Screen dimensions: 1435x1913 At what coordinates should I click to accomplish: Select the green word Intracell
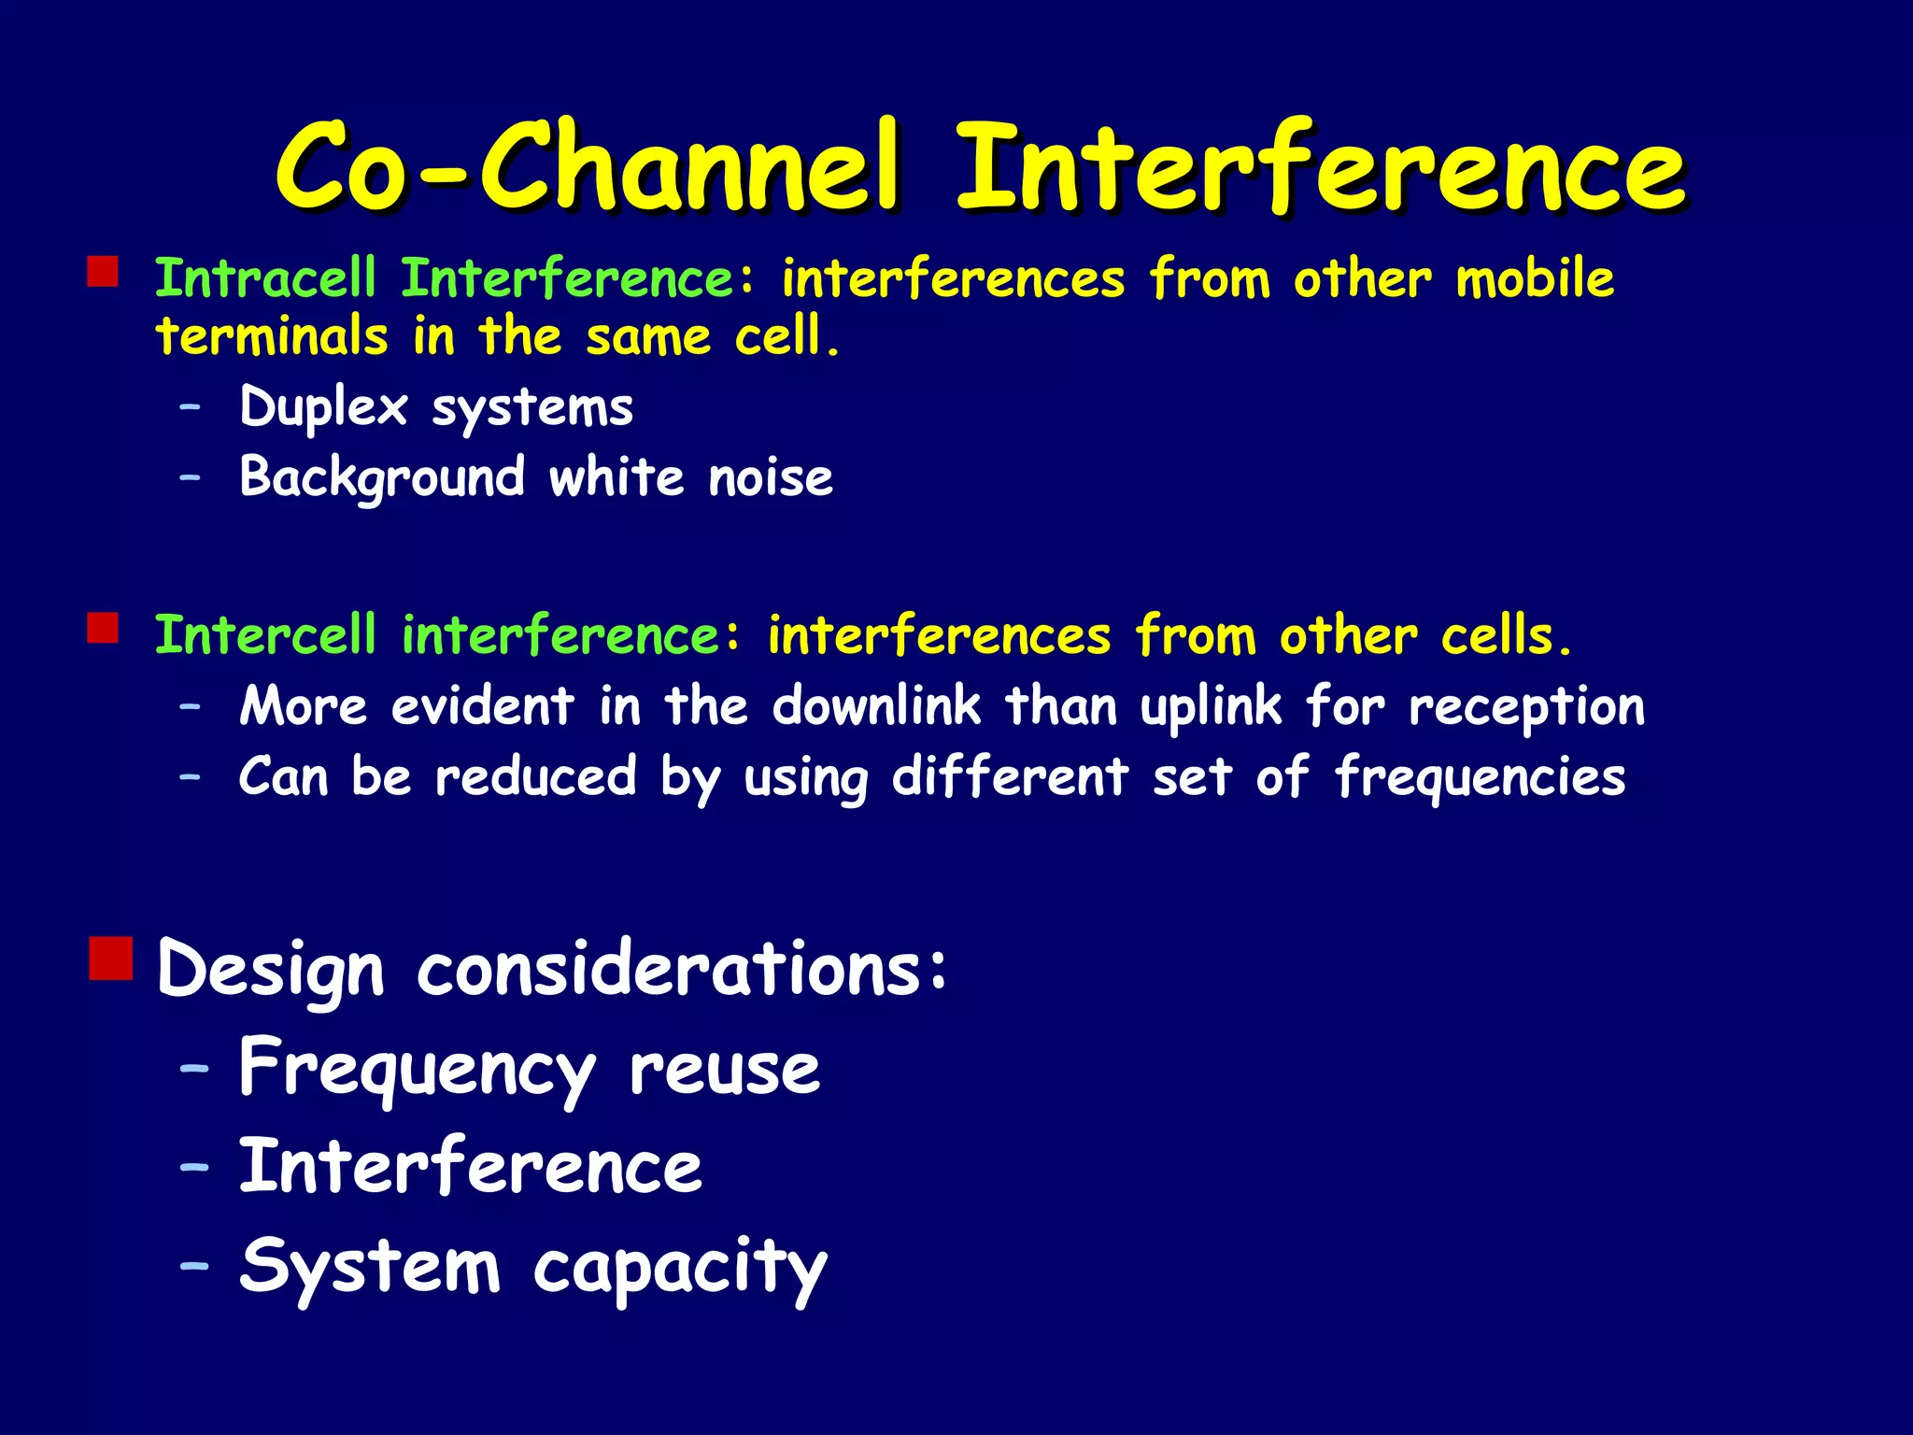tap(265, 278)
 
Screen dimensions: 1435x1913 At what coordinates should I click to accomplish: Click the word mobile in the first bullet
tap(1534, 278)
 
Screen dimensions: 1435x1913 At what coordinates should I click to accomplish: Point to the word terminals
tap(271, 336)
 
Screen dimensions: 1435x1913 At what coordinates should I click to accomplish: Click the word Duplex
tap(323, 407)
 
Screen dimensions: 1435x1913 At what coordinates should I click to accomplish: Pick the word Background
tap(381, 477)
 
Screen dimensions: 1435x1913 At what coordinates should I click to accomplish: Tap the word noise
tap(770, 477)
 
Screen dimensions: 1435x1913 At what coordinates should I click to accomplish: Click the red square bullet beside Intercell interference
tap(103, 628)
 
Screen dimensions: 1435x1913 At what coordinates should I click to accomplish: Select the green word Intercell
tap(265, 635)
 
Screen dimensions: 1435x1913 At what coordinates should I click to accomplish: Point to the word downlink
tap(875, 705)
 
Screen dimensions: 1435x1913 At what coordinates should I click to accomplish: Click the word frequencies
tap(1480, 777)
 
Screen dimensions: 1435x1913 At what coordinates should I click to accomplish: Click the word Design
tap(271, 970)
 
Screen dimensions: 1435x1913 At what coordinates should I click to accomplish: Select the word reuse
tap(724, 1068)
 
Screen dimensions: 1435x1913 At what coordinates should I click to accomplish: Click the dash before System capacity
tap(194, 1266)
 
